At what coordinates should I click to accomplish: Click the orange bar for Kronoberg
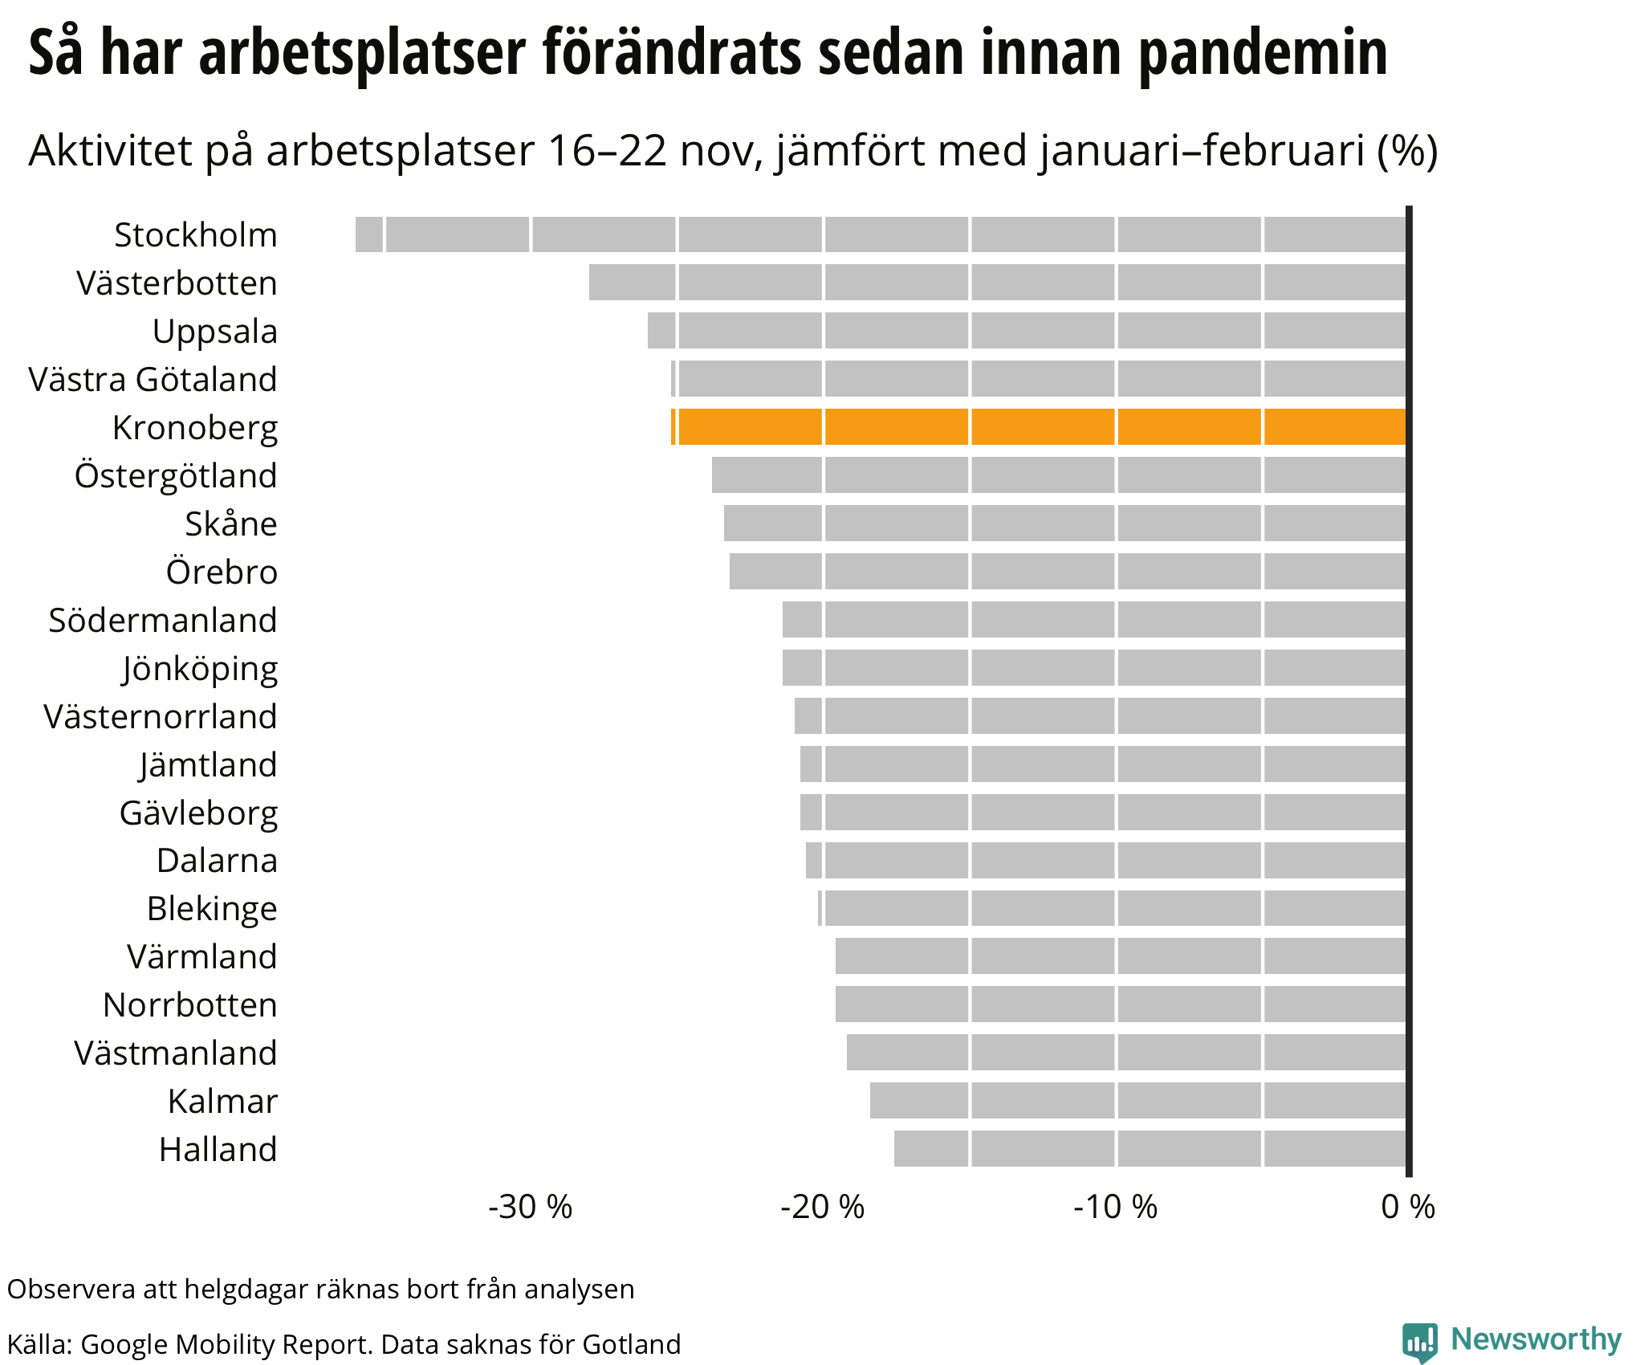click(1039, 426)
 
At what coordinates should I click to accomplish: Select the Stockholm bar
click(881, 234)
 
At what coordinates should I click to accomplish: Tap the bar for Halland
click(1150, 1148)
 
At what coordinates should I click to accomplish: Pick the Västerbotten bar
click(998, 283)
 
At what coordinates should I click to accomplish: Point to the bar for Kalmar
click(1138, 1100)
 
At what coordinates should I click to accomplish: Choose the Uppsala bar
click(1027, 331)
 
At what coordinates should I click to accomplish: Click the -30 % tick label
click(530, 1207)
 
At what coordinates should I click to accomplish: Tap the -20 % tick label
click(823, 1207)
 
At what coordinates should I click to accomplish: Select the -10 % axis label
click(1116, 1207)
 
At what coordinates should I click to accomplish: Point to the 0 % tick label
click(1408, 1207)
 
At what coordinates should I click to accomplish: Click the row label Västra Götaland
click(153, 379)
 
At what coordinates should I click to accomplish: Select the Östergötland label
click(176, 475)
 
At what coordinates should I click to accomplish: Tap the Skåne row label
click(231, 524)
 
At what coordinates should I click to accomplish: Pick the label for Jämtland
click(208, 764)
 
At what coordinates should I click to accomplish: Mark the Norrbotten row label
click(190, 1004)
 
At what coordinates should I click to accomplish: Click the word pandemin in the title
click(1264, 53)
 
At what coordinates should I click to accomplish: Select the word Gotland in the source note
click(632, 1344)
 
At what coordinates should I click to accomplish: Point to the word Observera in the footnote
click(71, 1289)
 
